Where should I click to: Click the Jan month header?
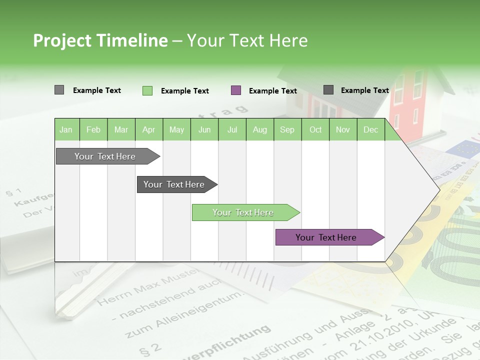click(x=66, y=130)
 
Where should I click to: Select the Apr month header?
click(x=148, y=130)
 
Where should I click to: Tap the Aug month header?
click(x=259, y=130)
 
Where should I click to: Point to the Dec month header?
click(x=370, y=130)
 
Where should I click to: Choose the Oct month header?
click(x=315, y=130)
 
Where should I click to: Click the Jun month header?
click(x=204, y=130)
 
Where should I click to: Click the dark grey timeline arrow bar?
click(x=175, y=184)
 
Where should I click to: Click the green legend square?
click(x=147, y=90)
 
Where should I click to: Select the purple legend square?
click(x=236, y=90)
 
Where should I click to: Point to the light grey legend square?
click(x=59, y=90)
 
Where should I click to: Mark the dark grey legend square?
click(x=328, y=90)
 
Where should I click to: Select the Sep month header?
click(x=287, y=130)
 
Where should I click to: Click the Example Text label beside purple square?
click(x=272, y=91)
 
